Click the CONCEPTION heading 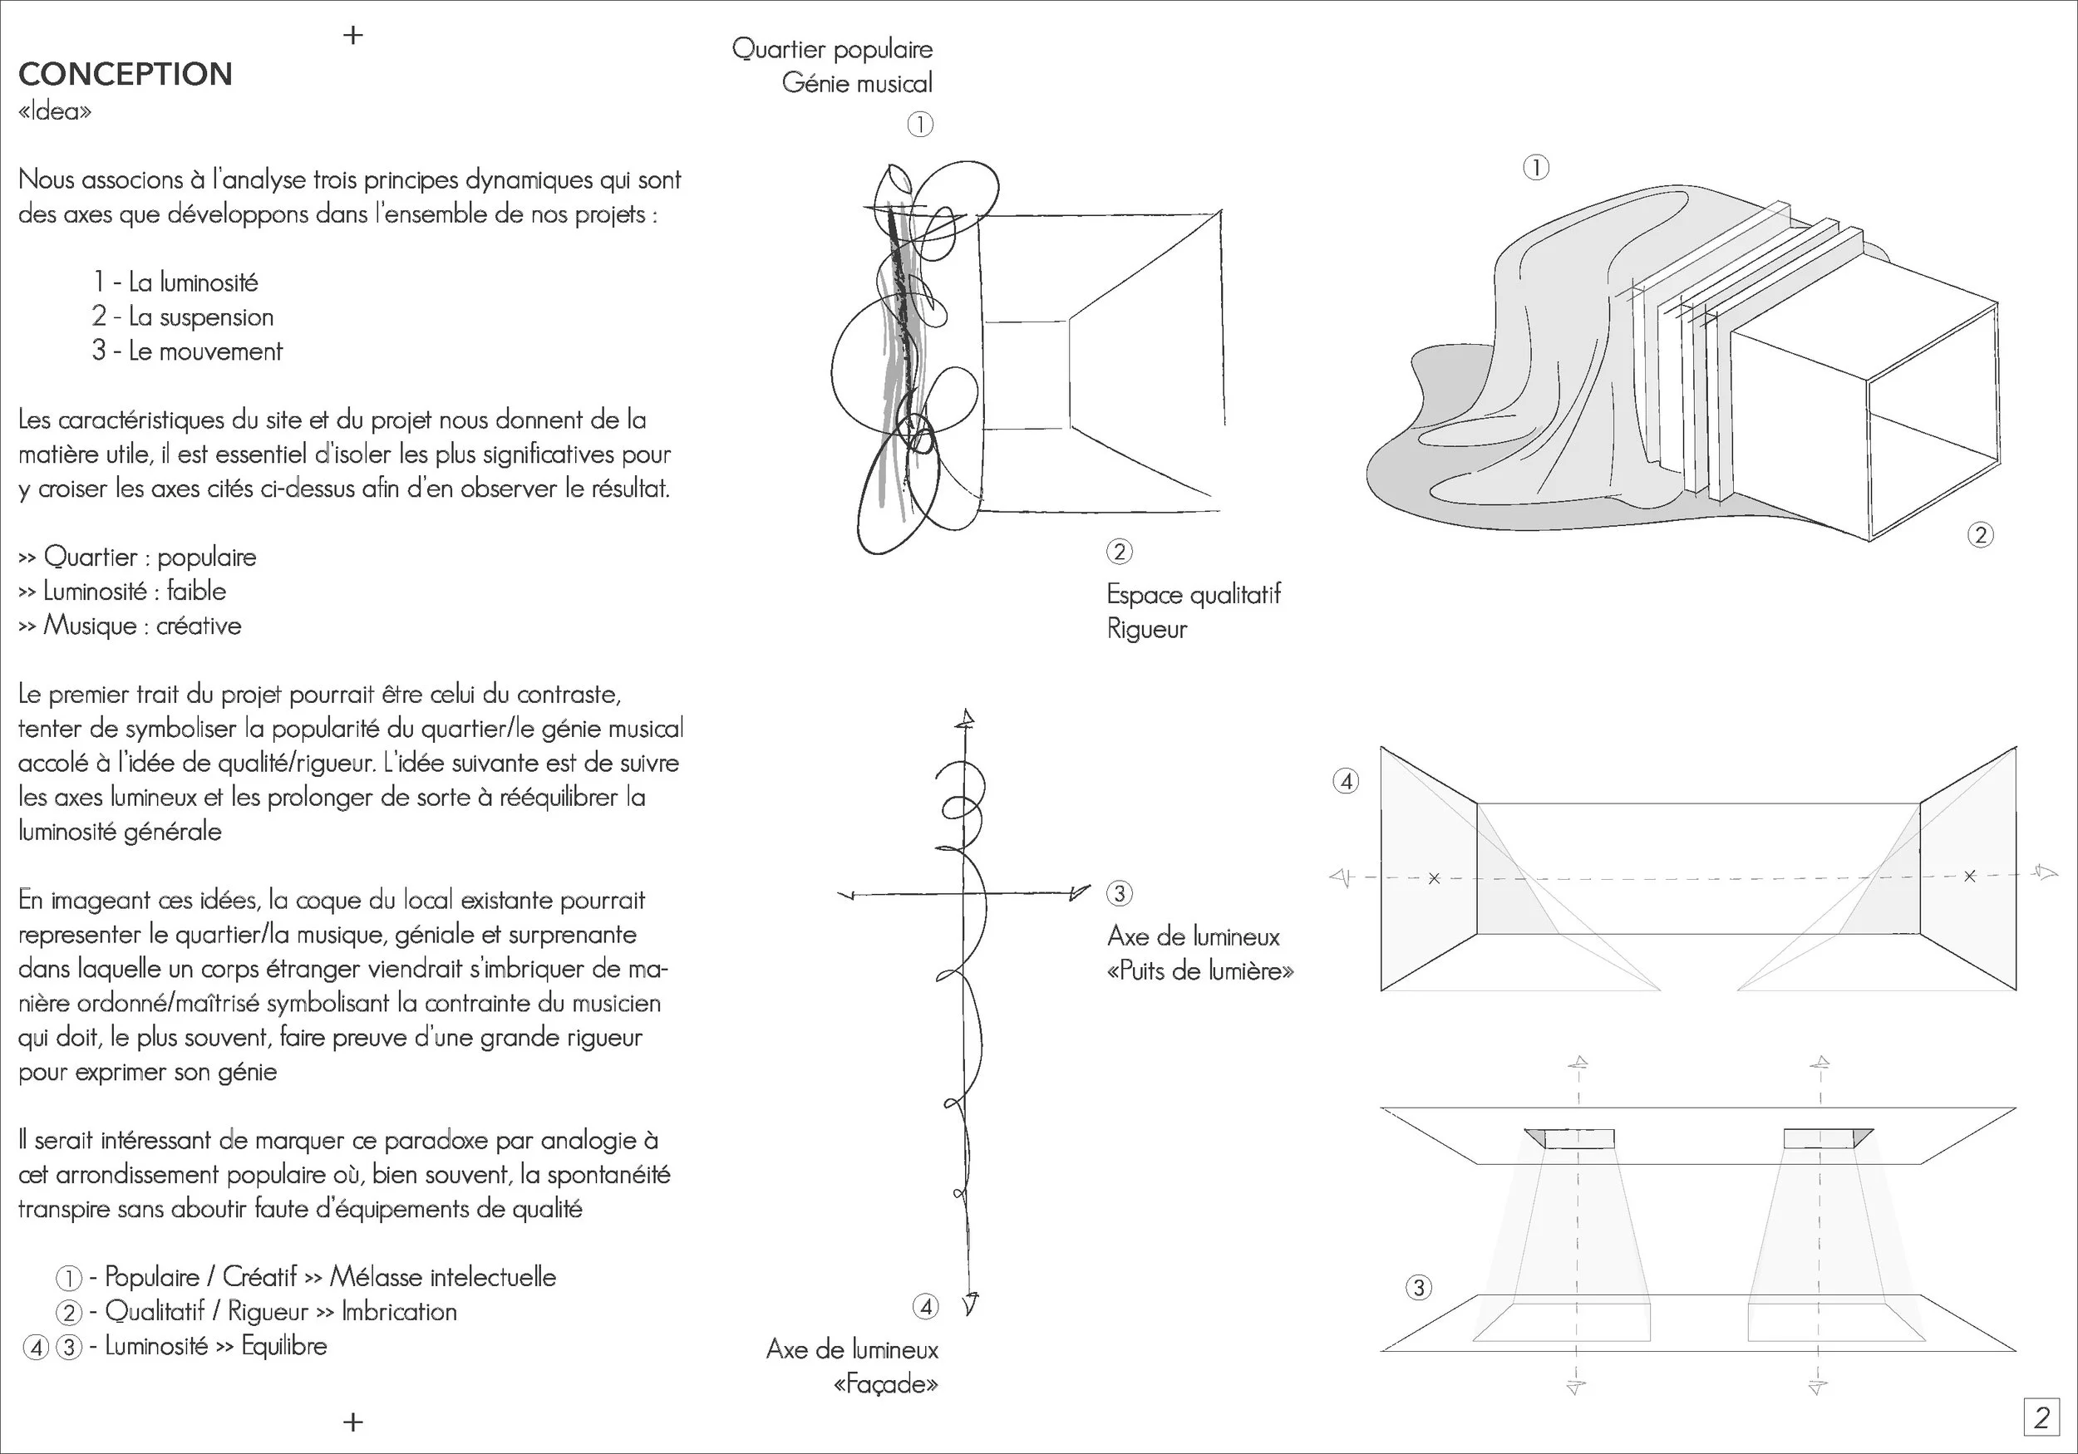click(125, 74)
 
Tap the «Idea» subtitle click(54, 112)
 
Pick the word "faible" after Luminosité click(196, 591)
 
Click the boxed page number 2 click(2041, 1417)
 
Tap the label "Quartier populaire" click(832, 49)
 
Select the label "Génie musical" click(856, 83)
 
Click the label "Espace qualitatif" click(1193, 594)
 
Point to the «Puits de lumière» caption click(1200, 970)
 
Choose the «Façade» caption click(885, 1383)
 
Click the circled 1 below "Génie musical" click(919, 125)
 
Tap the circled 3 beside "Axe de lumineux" click(1119, 894)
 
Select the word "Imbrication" click(399, 1311)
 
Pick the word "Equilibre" click(284, 1345)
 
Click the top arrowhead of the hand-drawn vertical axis click(967, 720)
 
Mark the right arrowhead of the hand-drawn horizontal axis click(1080, 893)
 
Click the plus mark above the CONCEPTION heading click(353, 35)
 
